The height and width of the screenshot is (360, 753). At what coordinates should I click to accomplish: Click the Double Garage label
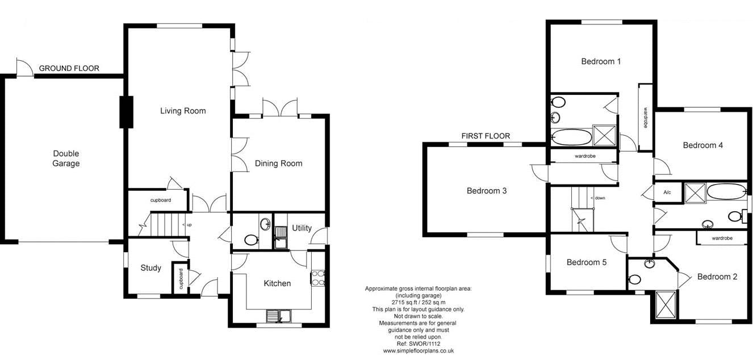(66, 158)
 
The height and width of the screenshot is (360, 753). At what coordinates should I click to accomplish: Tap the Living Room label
(183, 111)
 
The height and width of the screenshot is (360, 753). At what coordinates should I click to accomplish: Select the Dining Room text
(278, 164)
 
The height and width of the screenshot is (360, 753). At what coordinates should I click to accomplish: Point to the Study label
(150, 268)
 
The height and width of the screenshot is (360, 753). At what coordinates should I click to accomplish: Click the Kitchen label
(277, 283)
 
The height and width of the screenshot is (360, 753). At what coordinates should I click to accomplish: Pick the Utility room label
(302, 228)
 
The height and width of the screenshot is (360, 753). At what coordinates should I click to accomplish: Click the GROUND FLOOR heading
(69, 69)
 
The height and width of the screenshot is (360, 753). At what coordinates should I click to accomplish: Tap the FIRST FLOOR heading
(486, 136)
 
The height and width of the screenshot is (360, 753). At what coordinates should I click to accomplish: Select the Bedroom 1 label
(601, 61)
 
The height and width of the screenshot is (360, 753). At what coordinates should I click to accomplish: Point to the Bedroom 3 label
(487, 191)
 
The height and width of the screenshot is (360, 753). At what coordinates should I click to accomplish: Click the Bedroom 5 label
(587, 262)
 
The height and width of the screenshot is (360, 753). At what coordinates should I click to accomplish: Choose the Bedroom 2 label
(717, 277)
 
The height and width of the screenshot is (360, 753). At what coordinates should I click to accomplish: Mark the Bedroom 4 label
(703, 145)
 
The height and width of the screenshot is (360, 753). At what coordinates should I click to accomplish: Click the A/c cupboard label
(667, 192)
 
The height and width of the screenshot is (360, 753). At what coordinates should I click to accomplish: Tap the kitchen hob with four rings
(318, 278)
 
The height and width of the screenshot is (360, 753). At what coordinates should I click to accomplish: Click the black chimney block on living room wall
(127, 112)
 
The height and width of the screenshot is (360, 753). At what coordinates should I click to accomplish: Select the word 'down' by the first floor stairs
(600, 198)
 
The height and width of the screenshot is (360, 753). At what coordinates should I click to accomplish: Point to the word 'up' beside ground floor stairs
(189, 225)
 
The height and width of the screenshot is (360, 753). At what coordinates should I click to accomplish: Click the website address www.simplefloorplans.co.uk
(419, 351)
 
